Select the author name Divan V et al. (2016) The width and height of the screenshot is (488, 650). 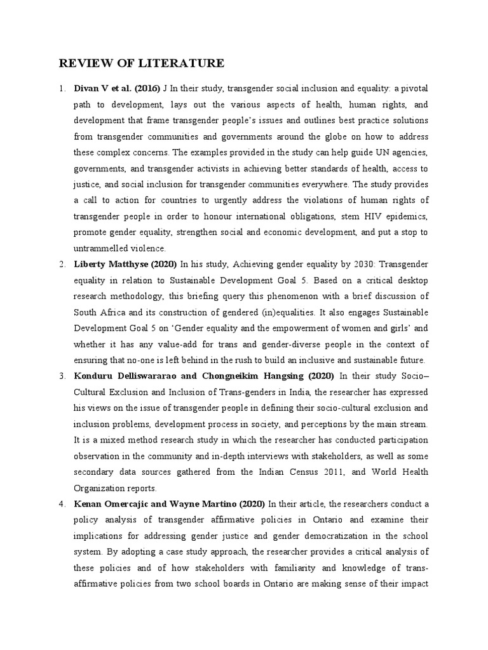click(117, 88)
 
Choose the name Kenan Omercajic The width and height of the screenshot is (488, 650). click(113, 504)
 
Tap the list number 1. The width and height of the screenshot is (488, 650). click(62, 88)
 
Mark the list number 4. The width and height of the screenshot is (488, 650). click(62, 504)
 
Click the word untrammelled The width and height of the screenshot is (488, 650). click(100, 248)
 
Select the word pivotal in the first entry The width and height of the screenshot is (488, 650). click(412, 88)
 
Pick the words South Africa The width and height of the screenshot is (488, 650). click(99, 312)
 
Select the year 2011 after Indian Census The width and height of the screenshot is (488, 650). click(322, 472)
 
